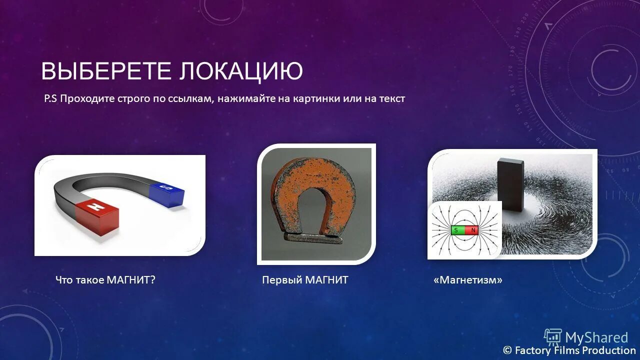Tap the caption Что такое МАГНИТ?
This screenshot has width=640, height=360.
coord(105,280)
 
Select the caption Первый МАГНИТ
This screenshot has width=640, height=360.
coord(305,280)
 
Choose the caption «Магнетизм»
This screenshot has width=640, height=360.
coord(468,280)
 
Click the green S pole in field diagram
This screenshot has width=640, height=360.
coord(457,230)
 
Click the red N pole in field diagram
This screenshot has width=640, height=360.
coord(472,230)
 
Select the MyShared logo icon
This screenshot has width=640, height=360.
coord(552,337)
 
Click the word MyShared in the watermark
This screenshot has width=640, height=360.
coord(596,338)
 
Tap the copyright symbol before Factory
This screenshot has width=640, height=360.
coord(507,350)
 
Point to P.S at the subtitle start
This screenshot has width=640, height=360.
coord(50,99)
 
